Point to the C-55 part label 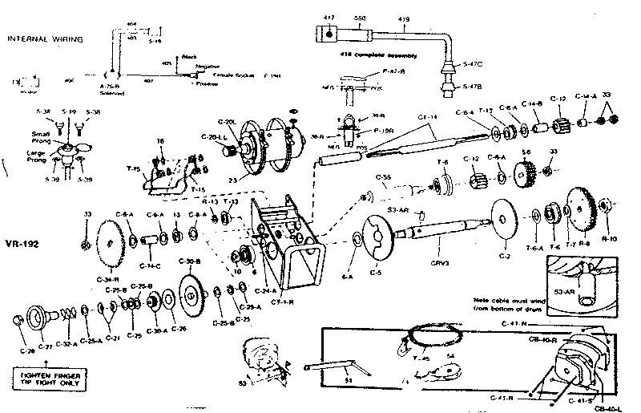[383, 176]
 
